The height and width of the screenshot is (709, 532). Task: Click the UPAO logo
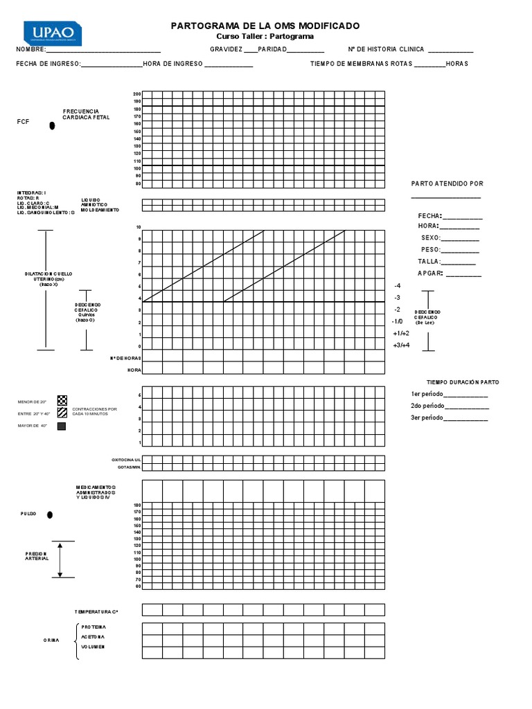53,33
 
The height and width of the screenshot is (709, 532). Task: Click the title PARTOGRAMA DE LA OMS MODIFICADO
265,26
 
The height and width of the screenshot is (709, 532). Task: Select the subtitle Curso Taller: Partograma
265,36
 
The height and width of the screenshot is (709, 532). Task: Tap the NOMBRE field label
32,50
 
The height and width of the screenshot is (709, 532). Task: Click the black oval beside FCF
51,126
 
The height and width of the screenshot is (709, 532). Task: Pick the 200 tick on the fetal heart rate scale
137,94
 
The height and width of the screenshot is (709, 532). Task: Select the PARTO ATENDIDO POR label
447,183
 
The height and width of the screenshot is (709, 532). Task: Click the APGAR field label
430,273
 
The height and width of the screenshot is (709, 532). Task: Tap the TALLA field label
429,262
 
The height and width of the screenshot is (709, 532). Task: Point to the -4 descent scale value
397,286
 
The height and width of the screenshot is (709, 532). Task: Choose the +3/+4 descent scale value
401,345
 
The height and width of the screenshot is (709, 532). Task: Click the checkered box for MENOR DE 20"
62,400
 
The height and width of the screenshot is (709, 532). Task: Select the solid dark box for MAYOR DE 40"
62,426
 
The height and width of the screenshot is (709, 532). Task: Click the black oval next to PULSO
49,515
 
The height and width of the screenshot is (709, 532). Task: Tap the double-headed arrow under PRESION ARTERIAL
61,559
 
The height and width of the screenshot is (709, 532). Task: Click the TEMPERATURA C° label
97,612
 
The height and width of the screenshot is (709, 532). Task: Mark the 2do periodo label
425,406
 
